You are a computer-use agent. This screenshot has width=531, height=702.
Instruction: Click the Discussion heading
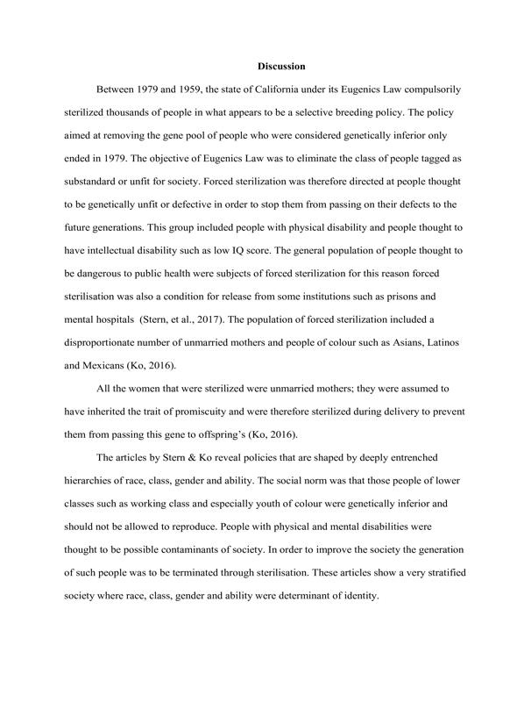(x=281, y=67)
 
